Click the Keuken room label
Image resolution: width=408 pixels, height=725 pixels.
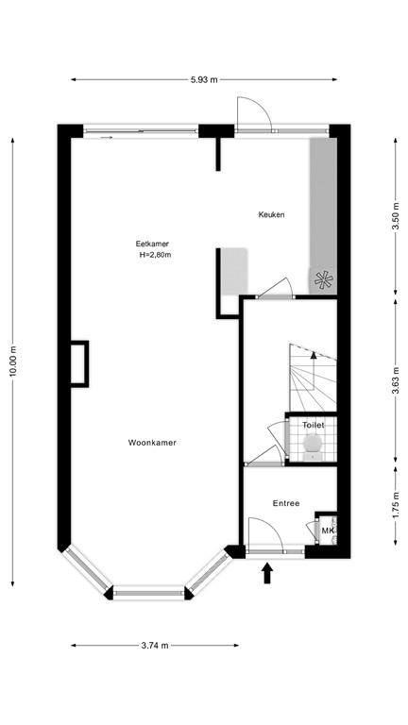(x=271, y=215)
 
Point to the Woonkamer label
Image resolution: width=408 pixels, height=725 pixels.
(x=153, y=442)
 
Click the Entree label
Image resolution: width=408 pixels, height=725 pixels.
(x=286, y=503)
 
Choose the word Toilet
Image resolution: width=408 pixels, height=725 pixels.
(x=313, y=426)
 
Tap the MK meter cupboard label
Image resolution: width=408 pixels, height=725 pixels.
(x=328, y=531)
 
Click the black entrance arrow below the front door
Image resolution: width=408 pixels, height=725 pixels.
(x=267, y=572)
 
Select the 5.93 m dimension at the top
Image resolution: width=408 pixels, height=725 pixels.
(x=204, y=79)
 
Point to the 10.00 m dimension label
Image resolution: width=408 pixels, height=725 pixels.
(x=13, y=360)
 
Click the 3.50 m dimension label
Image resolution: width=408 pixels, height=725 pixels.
(x=395, y=217)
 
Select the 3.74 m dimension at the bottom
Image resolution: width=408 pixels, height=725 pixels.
(x=154, y=646)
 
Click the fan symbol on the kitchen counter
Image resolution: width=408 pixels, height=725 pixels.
(x=324, y=279)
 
